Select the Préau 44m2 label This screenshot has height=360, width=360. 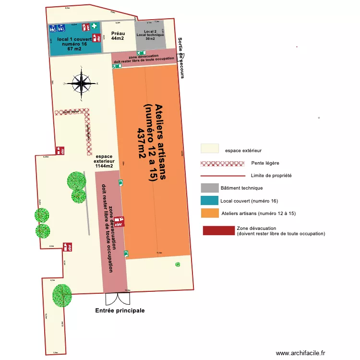tap(118, 36)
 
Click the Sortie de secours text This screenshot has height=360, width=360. tap(180, 58)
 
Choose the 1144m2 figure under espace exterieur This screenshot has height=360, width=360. tap(104, 166)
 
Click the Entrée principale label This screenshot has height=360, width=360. tap(120, 311)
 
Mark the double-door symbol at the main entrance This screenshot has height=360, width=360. tap(117, 299)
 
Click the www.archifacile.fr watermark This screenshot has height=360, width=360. tap(301, 353)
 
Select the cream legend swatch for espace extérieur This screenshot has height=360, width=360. tap(210, 148)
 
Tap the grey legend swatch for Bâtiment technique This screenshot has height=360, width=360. tap(210, 188)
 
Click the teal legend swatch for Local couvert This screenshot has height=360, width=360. tap(210, 200)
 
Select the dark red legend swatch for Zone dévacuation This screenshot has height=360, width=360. tap(218, 231)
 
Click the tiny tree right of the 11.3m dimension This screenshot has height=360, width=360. tap(178, 264)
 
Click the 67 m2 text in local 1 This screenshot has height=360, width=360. tap(74, 48)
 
